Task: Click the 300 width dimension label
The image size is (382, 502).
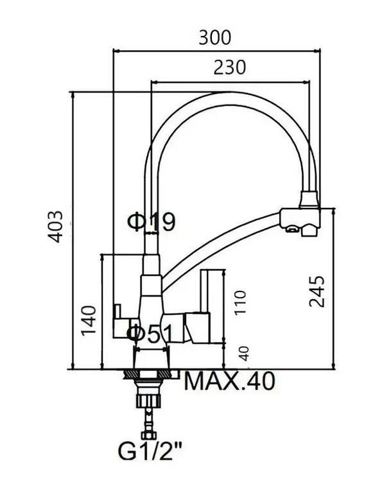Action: pos(214,38)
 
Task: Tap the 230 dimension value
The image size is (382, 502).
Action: pos(230,67)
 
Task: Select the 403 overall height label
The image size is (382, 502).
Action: pos(55,227)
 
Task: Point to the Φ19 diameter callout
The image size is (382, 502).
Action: pos(152,222)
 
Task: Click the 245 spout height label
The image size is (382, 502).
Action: pos(317,291)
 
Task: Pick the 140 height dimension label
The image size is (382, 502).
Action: pos(89,320)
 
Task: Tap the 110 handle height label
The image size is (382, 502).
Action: pos(240,302)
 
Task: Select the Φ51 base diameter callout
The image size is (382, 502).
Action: pos(150,334)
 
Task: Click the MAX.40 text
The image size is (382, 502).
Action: pos(230,381)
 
